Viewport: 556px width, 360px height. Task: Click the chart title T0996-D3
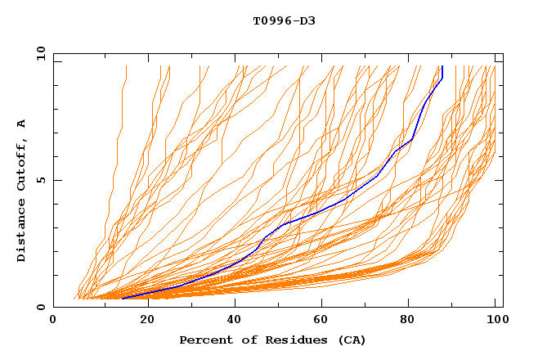coord(284,21)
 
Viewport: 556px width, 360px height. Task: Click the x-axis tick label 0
coord(53,320)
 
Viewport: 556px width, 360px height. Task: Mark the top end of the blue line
coord(442,67)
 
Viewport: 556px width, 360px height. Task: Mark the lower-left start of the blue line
coord(122,299)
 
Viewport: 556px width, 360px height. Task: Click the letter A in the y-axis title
coord(22,123)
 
